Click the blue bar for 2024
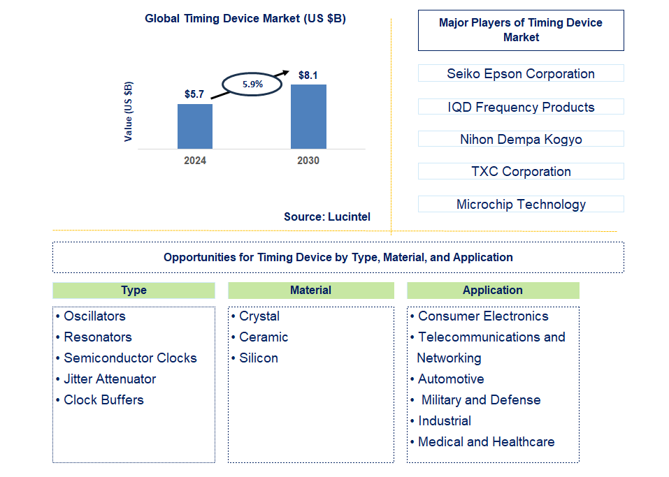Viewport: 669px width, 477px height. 194,126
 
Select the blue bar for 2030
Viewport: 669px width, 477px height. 308,117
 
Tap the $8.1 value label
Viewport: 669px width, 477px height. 308,75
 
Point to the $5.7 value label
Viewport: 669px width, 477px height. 194,94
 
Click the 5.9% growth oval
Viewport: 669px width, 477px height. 252,84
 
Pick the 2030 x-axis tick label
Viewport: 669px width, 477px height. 308,161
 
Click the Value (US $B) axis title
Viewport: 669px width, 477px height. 129,112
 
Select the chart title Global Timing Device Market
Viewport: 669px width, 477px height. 245,19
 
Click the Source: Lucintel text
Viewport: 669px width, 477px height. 327,217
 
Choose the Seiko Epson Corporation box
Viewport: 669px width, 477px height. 521,73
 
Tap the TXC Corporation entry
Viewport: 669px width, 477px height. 521,171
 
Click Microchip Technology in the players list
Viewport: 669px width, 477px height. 521,204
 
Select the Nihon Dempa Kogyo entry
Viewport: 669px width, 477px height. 521,139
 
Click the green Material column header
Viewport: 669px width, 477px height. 311,290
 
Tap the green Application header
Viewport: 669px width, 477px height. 493,290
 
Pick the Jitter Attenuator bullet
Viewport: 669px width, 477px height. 109,379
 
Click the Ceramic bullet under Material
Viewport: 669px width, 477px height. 263,337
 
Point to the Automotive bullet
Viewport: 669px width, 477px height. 450,379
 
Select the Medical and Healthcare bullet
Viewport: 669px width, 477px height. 486,441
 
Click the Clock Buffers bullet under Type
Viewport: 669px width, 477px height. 103,399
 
